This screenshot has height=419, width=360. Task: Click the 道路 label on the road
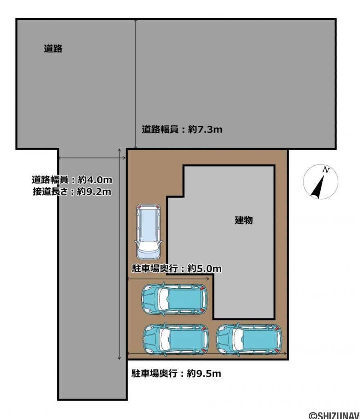[53, 49]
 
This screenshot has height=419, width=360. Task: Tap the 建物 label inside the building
[243, 220]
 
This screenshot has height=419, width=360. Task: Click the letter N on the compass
[326, 170]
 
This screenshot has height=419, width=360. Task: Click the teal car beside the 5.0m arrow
[174, 299]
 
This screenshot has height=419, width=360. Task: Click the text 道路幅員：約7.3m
[182, 130]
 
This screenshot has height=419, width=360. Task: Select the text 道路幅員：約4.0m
[72, 180]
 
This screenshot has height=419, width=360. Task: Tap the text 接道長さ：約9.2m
[72, 191]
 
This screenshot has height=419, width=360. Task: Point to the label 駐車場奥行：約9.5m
[176, 373]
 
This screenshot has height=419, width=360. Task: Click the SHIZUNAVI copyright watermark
[333, 414]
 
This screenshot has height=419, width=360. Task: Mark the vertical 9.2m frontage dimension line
[119, 254]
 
